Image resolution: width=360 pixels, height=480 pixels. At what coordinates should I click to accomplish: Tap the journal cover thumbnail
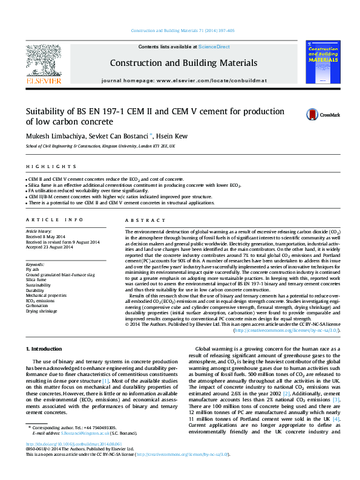[326, 63]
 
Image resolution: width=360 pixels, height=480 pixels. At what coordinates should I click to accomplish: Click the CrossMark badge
[322, 114]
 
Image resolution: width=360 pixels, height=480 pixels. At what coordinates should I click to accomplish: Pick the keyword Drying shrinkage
[41, 311]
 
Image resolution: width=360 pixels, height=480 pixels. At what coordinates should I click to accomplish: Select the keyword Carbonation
[37, 305]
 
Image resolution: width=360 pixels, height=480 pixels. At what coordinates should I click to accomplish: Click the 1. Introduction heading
[46, 349]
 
